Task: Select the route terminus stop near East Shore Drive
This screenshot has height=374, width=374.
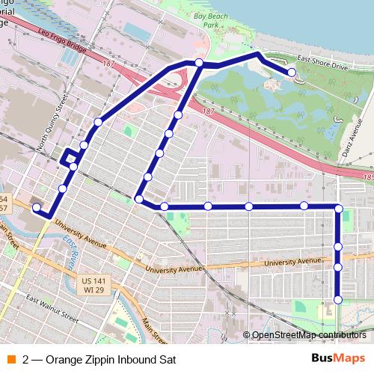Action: point(291,73)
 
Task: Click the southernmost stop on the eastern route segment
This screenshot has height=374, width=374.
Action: point(338,300)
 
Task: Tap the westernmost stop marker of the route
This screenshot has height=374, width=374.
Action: point(36,207)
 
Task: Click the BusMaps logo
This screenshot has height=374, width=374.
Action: point(338,358)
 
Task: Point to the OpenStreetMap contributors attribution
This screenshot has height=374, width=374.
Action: point(309,335)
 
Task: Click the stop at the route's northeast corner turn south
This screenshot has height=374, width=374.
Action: point(338,209)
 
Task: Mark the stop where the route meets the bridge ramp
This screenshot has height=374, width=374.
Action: point(199,63)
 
